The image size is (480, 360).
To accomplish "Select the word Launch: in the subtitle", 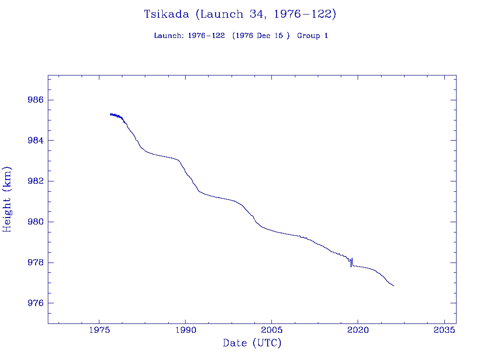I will (x=169, y=36).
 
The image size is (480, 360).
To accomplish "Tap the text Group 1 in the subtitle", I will (x=312, y=36).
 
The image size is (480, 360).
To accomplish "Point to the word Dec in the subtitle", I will (x=263, y=36).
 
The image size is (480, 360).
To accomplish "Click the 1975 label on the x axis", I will (x=99, y=330).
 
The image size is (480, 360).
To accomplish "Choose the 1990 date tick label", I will (x=186, y=330).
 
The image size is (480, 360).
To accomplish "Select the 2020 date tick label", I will (x=358, y=330).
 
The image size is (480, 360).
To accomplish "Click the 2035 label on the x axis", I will (x=444, y=330).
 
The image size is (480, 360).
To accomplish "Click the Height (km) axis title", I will (x=7, y=199).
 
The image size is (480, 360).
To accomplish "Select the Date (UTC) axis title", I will (x=252, y=344).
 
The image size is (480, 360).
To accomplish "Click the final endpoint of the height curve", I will (x=394, y=285).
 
